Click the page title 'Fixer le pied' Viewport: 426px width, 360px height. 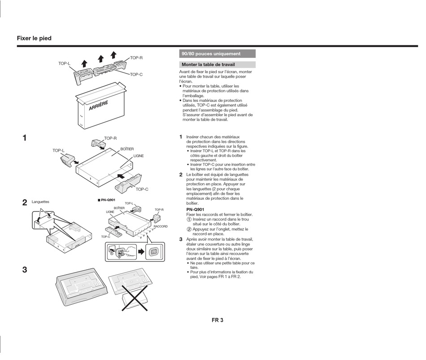[x=34, y=39]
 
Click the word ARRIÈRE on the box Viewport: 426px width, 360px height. [x=98, y=106]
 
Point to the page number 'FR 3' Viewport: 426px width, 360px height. [x=217, y=320]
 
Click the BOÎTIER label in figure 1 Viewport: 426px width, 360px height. [x=127, y=149]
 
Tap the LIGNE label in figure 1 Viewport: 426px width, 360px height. [x=139, y=156]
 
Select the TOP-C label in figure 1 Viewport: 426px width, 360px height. [x=142, y=189]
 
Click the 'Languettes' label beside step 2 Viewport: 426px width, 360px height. [x=40, y=202]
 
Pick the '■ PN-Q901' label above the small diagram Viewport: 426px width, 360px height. [x=107, y=200]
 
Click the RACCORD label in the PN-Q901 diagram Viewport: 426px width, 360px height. [x=161, y=227]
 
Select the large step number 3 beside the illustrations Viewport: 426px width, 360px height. [x=25, y=270]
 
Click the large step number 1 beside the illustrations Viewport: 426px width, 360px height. [x=25, y=138]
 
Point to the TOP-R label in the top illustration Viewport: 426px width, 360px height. [x=136, y=58]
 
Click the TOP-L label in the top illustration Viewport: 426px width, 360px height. [x=64, y=64]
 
